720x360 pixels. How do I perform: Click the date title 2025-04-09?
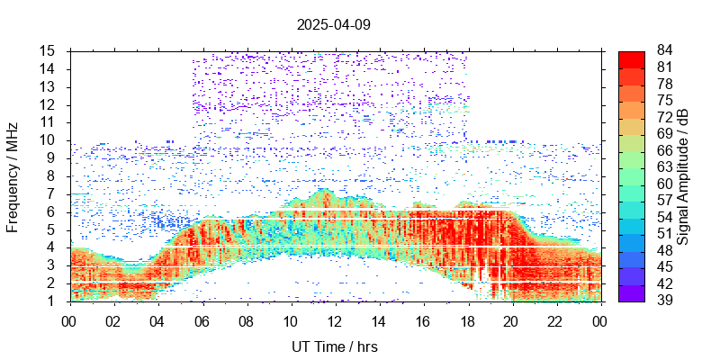[x=333, y=24]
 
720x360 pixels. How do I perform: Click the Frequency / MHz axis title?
[x=13, y=175]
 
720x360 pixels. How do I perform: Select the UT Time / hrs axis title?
[x=335, y=346]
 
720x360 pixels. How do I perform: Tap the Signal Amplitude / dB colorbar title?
[x=684, y=175]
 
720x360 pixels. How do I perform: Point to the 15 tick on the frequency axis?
[x=50, y=51]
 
